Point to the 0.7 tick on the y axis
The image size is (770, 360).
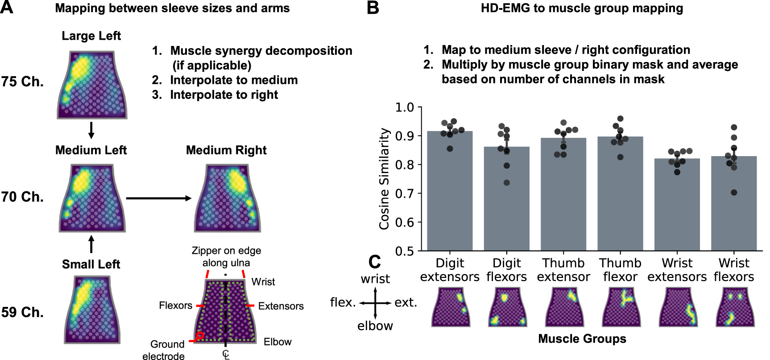click(404, 194)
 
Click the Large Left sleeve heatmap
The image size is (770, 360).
click(92, 85)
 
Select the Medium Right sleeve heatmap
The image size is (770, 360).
click(227, 198)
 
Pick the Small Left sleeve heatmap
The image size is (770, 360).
click(92, 310)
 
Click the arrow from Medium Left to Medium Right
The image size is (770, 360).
click(158, 198)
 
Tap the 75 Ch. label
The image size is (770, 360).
click(22, 82)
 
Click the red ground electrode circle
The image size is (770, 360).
click(200, 335)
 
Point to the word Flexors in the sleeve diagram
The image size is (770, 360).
click(175, 306)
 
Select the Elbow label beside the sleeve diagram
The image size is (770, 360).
click(277, 342)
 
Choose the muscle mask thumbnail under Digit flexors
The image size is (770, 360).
click(507, 307)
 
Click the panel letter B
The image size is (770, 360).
click(373, 8)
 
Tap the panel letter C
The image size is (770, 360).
click(375, 262)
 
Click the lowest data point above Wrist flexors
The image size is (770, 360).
click(734, 193)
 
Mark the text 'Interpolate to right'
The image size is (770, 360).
click(224, 95)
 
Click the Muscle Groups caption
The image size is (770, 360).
click(582, 339)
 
